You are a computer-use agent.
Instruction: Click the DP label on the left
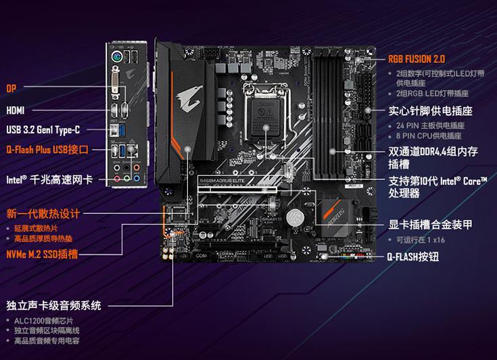pos(11,89)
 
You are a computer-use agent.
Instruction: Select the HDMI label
pos(16,110)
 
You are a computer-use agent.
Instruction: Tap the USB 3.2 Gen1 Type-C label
pos(43,129)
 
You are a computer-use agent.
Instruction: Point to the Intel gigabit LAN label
pos(49,180)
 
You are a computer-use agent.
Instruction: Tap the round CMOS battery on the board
pos(293,218)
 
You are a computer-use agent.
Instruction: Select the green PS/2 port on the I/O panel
pos(117,58)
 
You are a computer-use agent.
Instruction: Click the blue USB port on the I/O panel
pos(116,129)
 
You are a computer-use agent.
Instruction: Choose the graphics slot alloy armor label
pos(430,225)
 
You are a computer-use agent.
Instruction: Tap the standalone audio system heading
pos(53,306)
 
